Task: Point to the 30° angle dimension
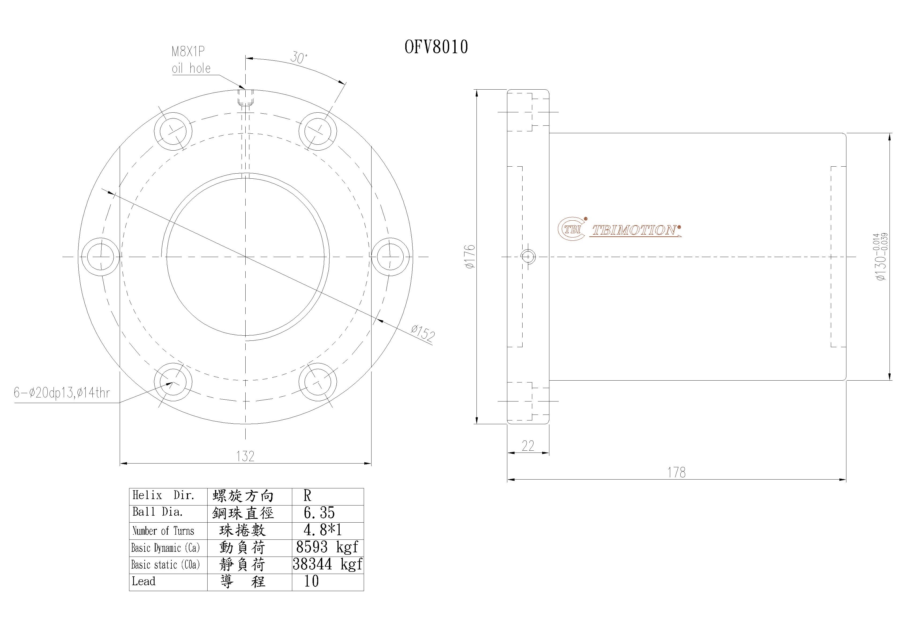point(299,58)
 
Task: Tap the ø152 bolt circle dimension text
point(422,333)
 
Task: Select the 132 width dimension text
point(245,456)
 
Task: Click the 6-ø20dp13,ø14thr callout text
point(62,393)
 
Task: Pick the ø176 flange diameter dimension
point(470,257)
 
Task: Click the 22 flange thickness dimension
point(528,446)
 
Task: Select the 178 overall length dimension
point(676,472)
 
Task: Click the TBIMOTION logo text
point(635,230)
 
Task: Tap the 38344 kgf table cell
point(328,564)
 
